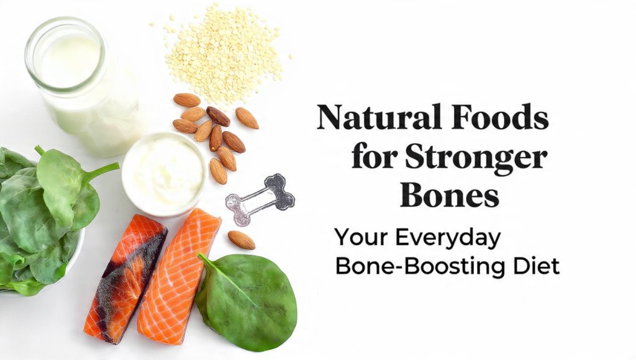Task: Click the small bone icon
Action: coord(260,199)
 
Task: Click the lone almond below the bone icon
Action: coord(241,240)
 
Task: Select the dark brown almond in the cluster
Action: coord(218,115)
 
